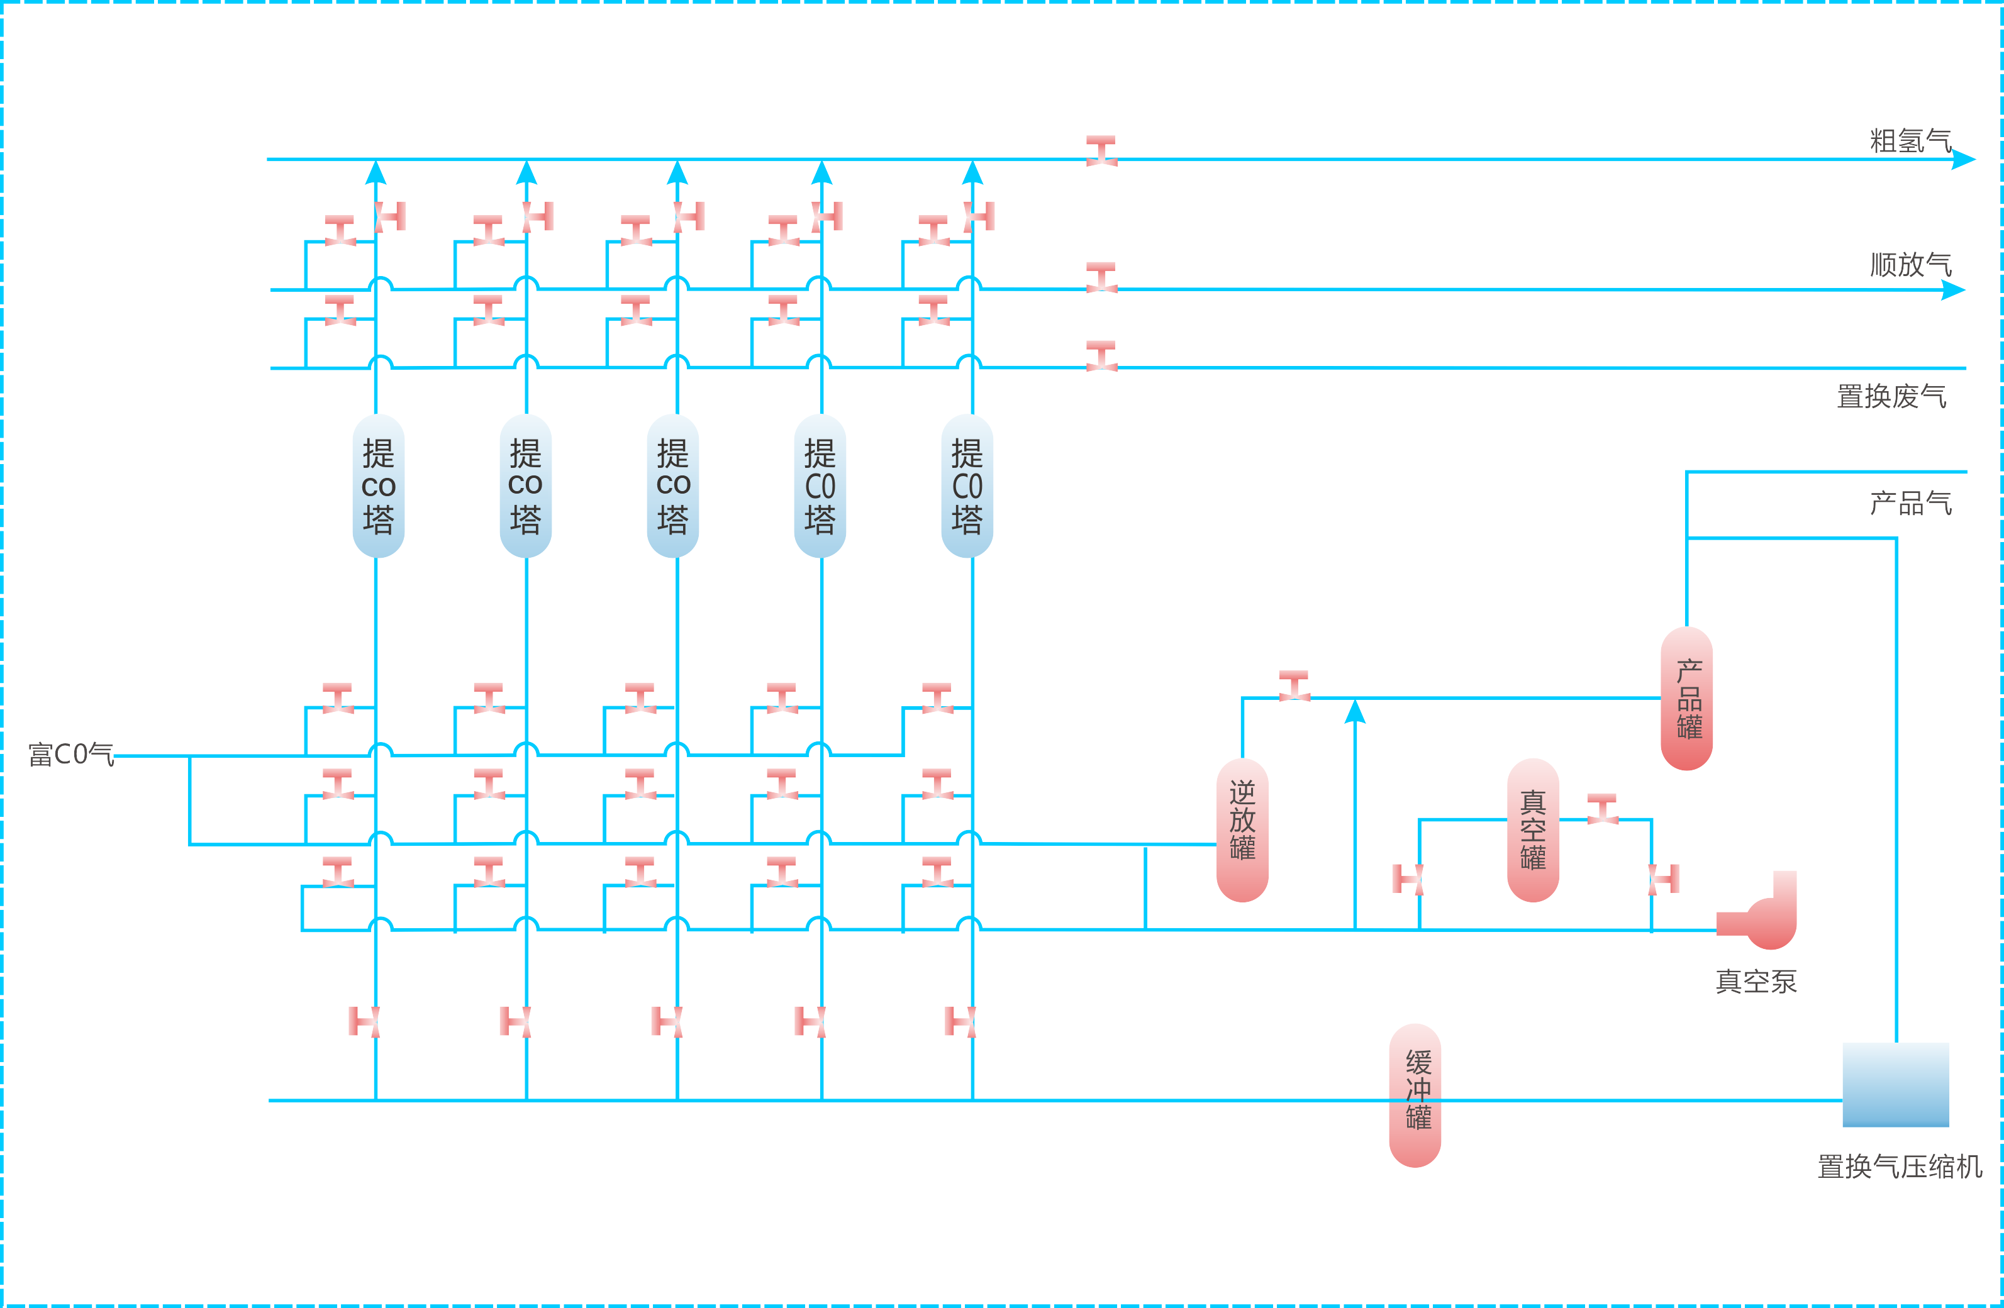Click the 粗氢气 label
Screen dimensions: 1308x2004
point(1910,141)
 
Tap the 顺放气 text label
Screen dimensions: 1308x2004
point(1910,264)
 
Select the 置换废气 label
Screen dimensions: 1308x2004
point(1891,396)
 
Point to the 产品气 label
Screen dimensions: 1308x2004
point(1910,503)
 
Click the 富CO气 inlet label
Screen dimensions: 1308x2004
point(70,754)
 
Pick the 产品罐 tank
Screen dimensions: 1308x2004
point(1686,698)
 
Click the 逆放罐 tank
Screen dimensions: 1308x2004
point(1242,830)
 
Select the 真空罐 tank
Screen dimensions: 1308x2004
point(1532,830)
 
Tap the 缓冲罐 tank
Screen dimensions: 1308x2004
point(1415,1095)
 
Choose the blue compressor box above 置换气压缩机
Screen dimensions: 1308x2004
point(1895,1084)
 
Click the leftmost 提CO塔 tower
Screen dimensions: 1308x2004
point(378,485)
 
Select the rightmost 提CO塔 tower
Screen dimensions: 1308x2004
point(967,485)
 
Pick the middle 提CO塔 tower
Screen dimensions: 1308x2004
point(673,485)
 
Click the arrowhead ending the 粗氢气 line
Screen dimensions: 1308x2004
point(1962,159)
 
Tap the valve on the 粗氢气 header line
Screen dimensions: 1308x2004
point(1101,151)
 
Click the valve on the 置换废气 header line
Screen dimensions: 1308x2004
point(1101,356)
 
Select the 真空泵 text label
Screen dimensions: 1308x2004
point(1756,982)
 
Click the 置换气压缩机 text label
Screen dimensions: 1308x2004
point(1899,1167)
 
